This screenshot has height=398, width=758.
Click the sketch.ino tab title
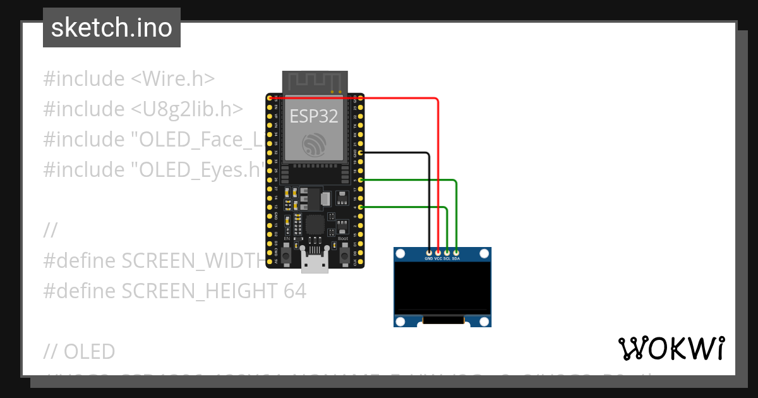(112, 28)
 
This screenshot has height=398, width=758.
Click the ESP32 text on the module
(314, 116)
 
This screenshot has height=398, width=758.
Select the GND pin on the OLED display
(430, 253)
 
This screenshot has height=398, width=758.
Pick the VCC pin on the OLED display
(438, 253)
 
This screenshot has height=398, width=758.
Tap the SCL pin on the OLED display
(447, 253)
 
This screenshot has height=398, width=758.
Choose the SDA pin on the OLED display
(456, 253)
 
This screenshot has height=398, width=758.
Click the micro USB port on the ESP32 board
(315, 260)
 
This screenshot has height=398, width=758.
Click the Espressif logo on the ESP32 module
(314, 144)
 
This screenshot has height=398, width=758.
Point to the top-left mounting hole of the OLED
(400, 254)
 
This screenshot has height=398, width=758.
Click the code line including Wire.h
(129, 79)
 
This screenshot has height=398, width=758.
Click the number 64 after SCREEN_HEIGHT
(294, 291)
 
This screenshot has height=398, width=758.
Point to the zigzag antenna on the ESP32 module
(315, 81)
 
